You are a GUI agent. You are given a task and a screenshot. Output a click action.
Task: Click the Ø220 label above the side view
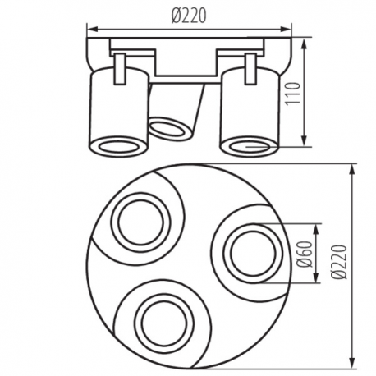tap(189, 16)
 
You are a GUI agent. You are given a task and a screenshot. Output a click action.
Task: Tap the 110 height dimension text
tap(292, 94)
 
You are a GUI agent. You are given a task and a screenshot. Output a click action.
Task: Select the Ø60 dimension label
tap(305, 254)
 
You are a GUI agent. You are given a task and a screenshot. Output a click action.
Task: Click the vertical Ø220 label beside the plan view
tap(339, 262)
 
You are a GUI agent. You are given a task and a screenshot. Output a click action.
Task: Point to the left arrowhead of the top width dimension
tap(92, 29)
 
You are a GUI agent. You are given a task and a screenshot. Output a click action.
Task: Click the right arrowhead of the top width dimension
tap(286, 29)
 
